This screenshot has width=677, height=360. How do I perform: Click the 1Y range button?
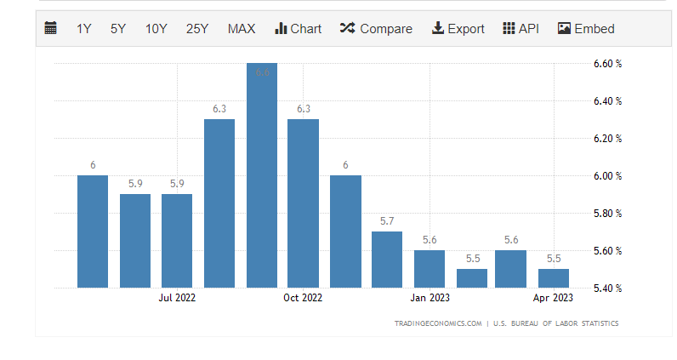pos(83,28)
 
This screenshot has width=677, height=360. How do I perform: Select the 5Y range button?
pos(117,28)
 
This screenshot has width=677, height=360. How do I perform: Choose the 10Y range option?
pos(156,28)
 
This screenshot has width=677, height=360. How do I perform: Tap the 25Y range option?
pos(196,28)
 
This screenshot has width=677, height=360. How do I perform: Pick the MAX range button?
pos(241,28)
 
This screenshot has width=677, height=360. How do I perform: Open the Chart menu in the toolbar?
pos(298,28)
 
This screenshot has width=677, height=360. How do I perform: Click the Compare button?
pos(375,28)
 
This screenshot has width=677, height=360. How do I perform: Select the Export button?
pos(458,28)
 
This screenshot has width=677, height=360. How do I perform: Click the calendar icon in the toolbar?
pos(51,28)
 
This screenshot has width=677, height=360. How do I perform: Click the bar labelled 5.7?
pos(387,260)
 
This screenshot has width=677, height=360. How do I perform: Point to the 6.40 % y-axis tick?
pos(606,101)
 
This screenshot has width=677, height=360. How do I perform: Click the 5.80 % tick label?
pos(606,214)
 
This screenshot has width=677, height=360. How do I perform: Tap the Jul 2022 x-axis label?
pos(177,298)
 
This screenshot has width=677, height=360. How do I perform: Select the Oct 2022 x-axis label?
pos(303,298)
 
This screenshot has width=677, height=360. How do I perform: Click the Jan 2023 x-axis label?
pos(430,298)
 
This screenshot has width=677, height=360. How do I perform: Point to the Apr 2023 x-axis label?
pos(554,298)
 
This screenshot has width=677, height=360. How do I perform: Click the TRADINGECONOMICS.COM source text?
pos(438,323)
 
